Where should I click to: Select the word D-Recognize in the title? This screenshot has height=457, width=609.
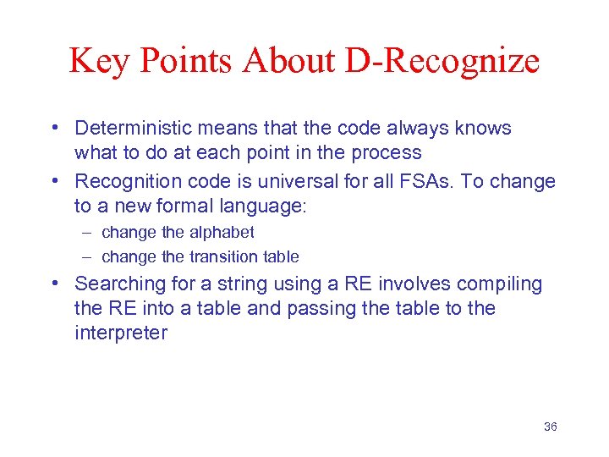point(443,61)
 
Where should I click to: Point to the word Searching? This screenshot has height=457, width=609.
point(115,284)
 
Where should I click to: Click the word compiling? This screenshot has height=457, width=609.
point(498,284)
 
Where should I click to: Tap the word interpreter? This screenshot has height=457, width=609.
point(121,333)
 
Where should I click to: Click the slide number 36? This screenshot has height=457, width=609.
point(550,427)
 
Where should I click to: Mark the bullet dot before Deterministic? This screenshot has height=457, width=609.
point(55,129)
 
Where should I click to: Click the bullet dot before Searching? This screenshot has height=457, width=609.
point(55,284)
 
